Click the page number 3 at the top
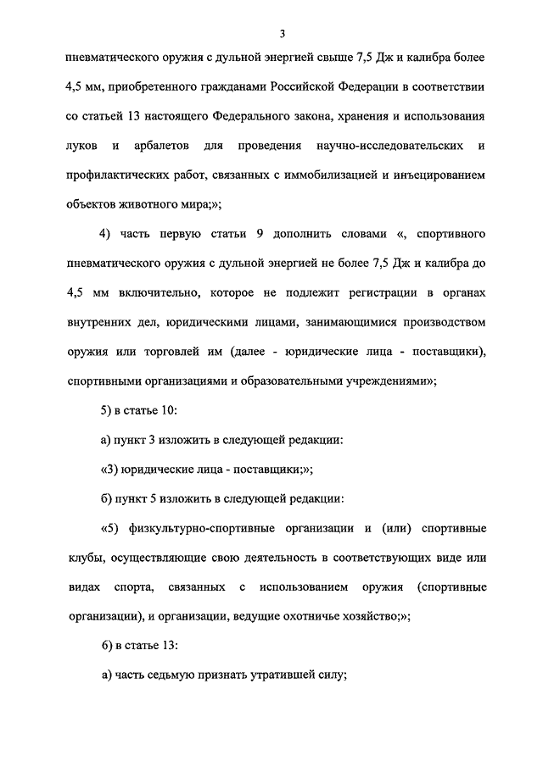283,33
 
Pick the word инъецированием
440,175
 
